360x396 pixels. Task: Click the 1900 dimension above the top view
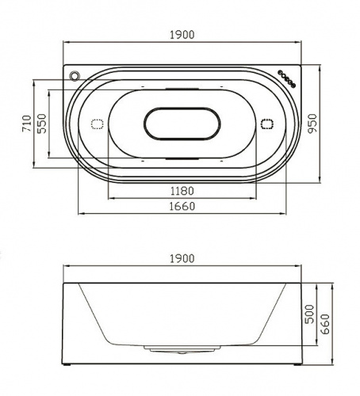coord(182,35)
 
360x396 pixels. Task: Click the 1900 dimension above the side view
coord(182,259)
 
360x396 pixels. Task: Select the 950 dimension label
coord(312,124)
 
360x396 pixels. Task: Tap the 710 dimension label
coord(26,124)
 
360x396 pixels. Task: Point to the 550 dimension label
coord(41,124)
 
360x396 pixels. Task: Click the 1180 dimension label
coord(182,191)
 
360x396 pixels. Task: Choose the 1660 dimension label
coord(182,206)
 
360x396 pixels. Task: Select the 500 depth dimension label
coord(309,314)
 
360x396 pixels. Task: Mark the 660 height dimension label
coord(325,324)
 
